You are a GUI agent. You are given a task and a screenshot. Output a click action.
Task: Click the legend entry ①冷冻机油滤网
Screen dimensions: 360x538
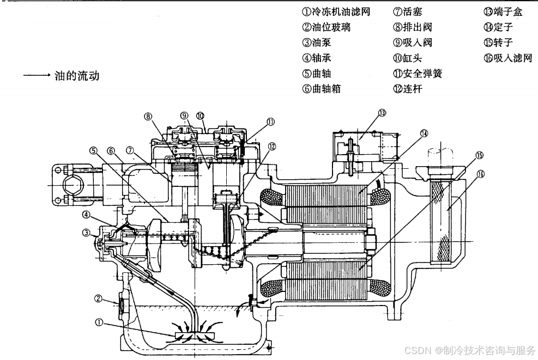pos(336,11)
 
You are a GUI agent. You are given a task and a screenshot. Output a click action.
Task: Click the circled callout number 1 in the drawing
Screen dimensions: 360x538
pos(99,322)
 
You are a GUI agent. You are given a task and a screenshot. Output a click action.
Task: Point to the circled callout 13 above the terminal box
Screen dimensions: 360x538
pos(382,113)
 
